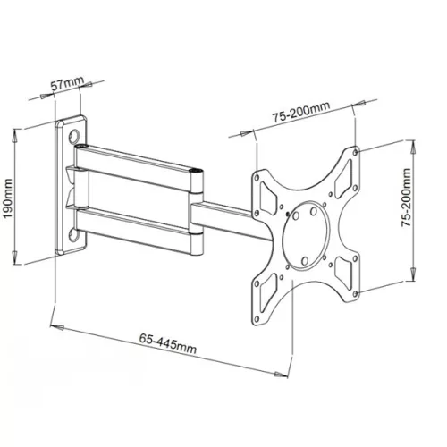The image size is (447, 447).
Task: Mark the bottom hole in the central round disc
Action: [x=305, y=261]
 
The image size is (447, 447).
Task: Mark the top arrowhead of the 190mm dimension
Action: [x=18, y=132]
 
